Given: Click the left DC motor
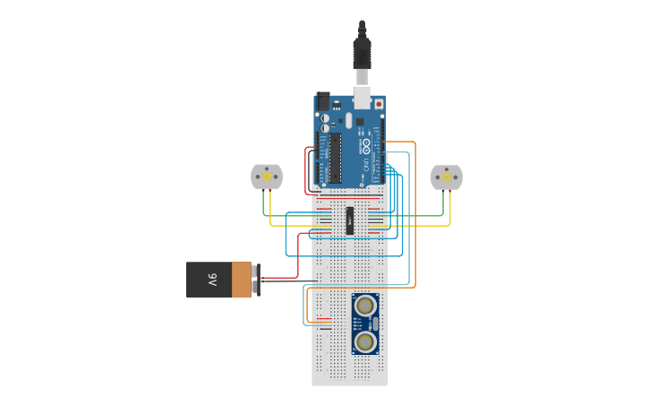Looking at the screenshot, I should (266, 177).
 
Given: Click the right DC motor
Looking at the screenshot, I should (446, 177).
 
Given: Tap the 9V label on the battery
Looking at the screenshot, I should (213, 280).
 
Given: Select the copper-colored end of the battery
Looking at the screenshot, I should (242, 280).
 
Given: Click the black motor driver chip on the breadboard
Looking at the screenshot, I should (350, 220).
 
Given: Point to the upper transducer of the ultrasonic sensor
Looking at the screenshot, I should (364, 306).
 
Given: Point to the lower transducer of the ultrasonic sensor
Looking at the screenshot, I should (364, 341).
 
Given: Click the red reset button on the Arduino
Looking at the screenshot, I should (379, 104).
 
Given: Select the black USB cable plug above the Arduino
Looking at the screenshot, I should (362, 54).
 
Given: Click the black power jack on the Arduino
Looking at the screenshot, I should (323, 101).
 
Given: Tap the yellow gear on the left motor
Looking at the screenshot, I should (266, 177).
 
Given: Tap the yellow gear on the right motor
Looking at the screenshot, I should (446, 177).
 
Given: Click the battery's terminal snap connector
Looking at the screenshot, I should (256, 279).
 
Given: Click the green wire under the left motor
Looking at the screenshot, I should (263, 204).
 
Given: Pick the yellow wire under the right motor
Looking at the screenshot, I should (450, 208).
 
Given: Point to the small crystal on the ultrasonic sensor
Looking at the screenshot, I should (375, 324).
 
